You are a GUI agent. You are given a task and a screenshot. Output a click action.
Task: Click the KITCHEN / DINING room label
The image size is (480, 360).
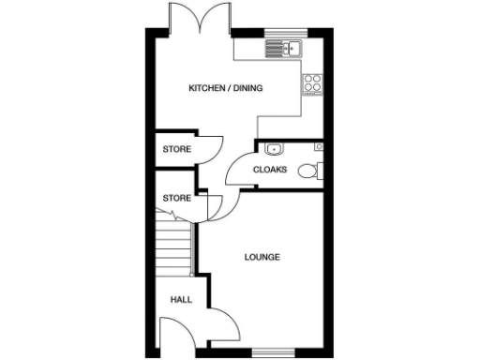pyautogui.click(x=226, y=89)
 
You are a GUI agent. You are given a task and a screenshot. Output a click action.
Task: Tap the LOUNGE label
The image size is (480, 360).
pyautogui.click(x=262, y=257)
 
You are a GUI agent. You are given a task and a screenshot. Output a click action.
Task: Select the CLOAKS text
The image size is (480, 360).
pyautogui.click(x=270, y=170)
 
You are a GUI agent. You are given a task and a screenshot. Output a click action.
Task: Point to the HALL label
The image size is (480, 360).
pyautogui.click(x=181, y=300)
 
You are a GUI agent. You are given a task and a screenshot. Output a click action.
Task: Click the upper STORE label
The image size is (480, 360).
pyautogui.click(x=176, y=149)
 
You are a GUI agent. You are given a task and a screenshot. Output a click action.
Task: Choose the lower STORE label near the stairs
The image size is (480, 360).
pyautogui.click(x=176, y=199)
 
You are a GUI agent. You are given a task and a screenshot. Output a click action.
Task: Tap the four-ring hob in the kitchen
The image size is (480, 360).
pyautogui.click(x=312, y=82)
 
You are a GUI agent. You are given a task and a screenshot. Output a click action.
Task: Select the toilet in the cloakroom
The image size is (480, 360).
pyautogui.click(x=309, y=171)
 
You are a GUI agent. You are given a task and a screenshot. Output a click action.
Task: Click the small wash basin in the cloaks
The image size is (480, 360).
pyautogui.click(x=273, y=148)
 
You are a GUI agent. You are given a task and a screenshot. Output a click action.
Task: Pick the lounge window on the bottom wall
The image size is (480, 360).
pyautogui.click(x=272, y=352)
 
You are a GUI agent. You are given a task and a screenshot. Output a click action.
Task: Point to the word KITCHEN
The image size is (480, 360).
pyautogui.click(x=205, y=89)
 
